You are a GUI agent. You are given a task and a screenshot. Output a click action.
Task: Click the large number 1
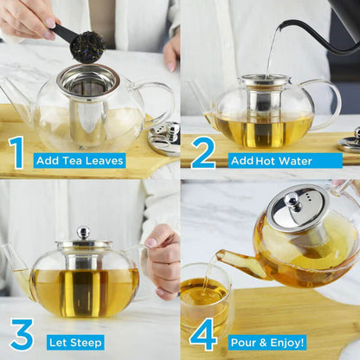[16, 152]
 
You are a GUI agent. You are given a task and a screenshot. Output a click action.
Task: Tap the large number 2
[202, 152]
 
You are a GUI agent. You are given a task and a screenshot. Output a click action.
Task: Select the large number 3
[21, 335]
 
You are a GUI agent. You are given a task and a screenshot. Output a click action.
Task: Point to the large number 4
[202, 335]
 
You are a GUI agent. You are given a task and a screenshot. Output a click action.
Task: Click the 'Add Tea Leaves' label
[79, 160]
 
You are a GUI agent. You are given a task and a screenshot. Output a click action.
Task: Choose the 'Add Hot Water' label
[273, 160]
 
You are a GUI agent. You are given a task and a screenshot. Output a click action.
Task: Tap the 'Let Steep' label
[74, 342]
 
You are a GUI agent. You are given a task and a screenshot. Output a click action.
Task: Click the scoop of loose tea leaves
[87, 47]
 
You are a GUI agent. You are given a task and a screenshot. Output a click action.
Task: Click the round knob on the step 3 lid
[83, 232]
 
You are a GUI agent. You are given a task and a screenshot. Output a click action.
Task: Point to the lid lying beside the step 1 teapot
[162, 137]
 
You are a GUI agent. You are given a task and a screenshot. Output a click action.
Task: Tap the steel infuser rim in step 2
[264, 80]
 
